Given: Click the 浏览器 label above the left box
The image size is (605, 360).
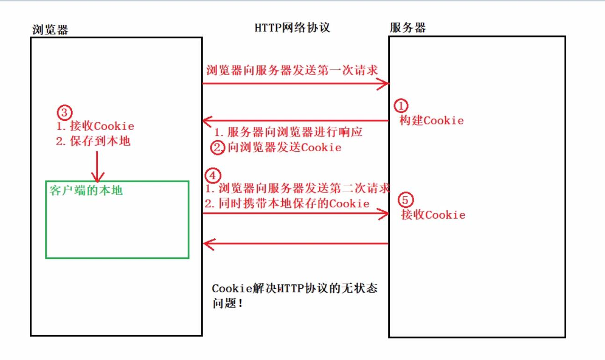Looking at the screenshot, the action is pos(50,29).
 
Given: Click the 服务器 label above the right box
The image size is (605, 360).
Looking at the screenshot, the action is pos(408,28).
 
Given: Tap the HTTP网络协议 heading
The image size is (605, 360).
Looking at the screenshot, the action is pos(292,28).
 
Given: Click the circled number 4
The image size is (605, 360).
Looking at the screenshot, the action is pos(212,176).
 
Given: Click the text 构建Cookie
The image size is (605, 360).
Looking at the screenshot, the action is pos(431,120).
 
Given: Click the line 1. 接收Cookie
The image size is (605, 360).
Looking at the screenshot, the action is pos(95,126).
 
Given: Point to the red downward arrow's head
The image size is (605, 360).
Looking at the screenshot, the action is pos(97,178).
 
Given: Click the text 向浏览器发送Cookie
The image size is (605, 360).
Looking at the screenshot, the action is pos(284,148).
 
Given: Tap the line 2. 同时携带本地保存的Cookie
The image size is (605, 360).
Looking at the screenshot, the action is pos(287,204).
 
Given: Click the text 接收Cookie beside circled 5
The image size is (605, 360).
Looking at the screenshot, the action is pos(433,215).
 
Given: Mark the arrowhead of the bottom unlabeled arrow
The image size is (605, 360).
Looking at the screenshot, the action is pos(206,244).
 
